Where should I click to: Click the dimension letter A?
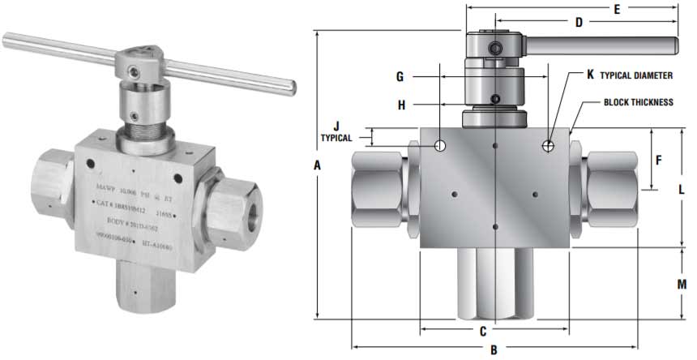318,165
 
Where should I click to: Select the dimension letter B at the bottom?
494,350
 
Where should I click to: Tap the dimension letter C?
482,331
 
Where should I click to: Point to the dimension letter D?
579,23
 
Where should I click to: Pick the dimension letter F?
658,161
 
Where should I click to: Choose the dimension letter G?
400,77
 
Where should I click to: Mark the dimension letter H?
400,104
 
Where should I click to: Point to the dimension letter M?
682,285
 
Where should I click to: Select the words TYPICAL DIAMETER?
636,75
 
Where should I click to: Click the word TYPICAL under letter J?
336,138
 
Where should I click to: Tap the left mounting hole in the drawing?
440,146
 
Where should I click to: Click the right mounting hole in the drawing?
549,146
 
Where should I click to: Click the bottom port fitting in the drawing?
494,284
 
